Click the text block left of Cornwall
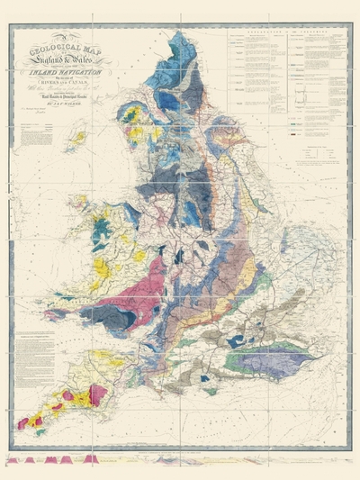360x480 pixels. click(x=41, y=346)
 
